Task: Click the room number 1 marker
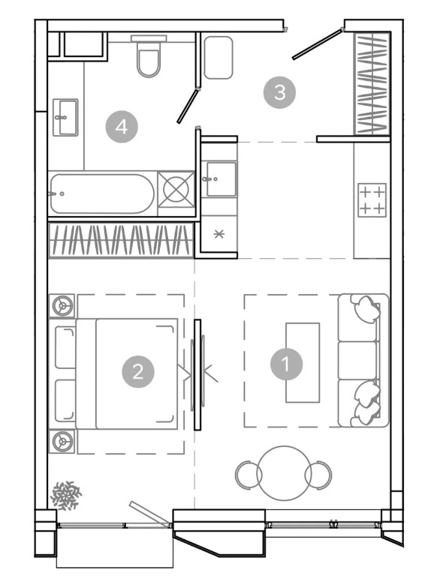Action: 286,364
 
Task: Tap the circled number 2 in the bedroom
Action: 138,371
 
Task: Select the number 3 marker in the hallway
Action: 279,92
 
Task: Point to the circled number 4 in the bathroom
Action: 122,127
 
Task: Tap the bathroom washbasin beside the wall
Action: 65,117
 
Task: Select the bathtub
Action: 101,193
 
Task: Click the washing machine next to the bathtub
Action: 176,190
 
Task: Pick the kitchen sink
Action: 221,178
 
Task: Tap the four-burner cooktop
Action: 372,200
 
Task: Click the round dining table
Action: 285,473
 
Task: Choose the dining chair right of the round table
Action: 318,475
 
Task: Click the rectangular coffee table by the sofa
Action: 303,362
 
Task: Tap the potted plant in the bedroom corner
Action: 66,496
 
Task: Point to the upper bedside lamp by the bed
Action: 62,306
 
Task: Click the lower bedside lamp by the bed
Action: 62,441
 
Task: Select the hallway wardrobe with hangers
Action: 371,83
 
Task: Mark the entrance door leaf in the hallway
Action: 317,44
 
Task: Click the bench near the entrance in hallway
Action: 218,57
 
